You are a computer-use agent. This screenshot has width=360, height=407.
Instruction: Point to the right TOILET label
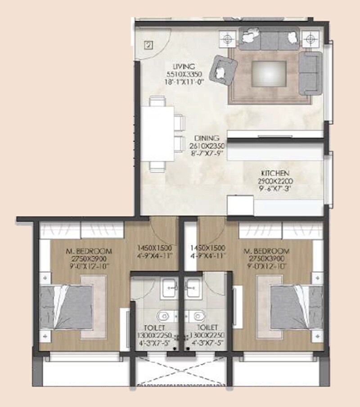(x=207, y=327)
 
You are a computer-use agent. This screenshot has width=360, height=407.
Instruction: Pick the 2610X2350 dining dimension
(x=207, y=146)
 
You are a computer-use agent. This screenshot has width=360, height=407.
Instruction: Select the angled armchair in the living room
(x=225, y=69)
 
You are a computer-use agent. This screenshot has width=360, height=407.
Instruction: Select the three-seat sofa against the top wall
(x=269, y=39)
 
